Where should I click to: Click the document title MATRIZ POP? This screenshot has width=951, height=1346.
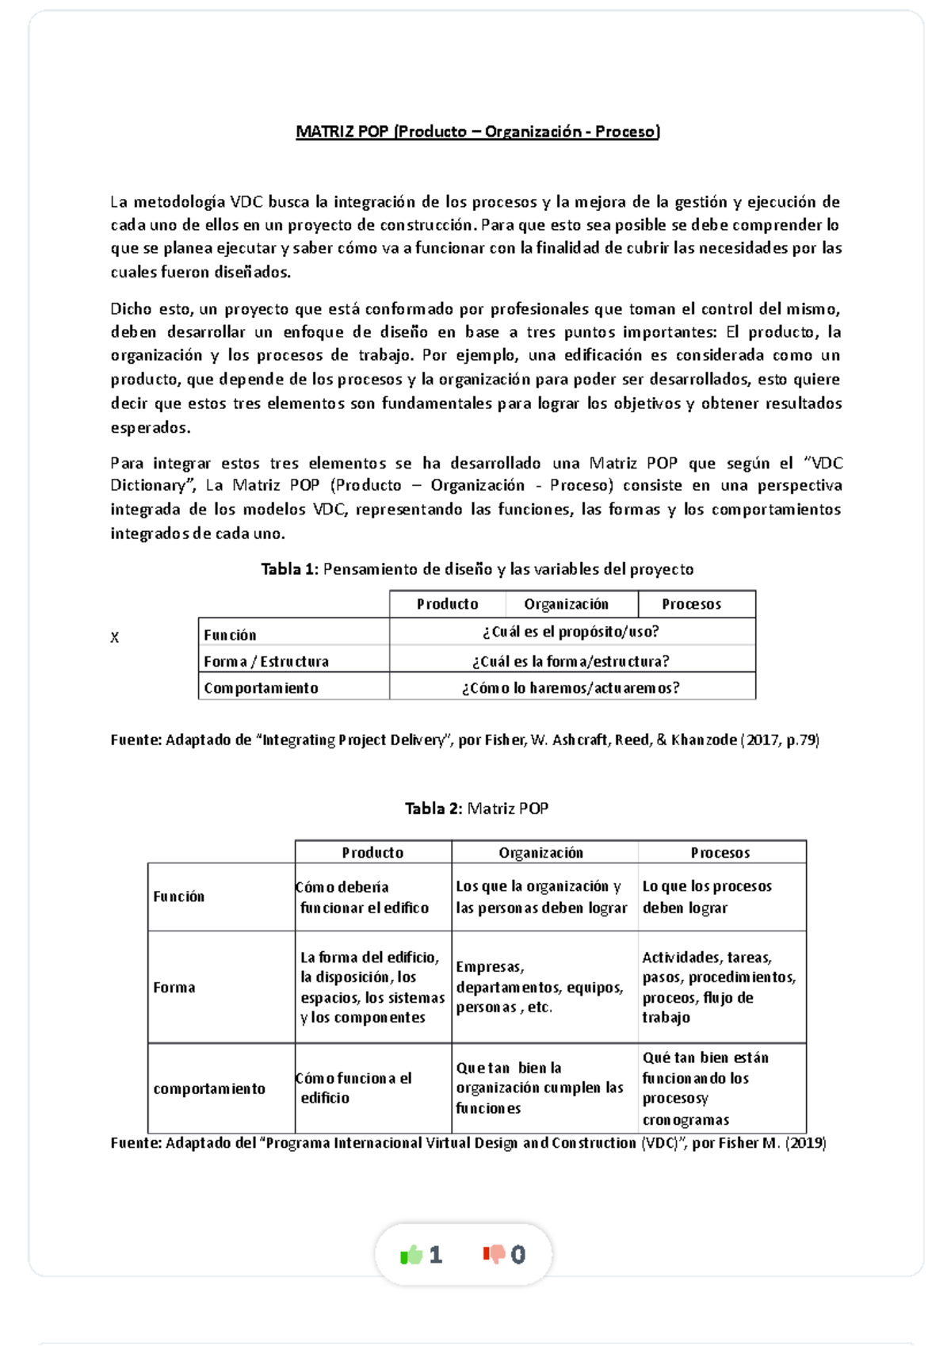477,132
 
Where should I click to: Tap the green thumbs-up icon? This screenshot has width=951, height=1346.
411,1255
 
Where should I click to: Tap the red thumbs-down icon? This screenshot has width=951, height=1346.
494,1254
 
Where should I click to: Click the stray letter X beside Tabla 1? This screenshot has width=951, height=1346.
115,637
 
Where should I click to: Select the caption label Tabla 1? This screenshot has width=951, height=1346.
289,569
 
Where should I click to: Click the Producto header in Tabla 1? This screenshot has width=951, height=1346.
447,604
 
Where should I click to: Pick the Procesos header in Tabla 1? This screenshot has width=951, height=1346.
691,604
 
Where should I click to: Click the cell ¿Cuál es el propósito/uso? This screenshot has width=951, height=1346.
571,632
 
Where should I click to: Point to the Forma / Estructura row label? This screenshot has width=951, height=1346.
266,661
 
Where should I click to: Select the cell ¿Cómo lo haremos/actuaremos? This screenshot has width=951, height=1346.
571,688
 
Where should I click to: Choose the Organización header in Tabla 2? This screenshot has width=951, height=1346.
540,853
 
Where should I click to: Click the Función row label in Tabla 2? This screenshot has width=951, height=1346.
179,897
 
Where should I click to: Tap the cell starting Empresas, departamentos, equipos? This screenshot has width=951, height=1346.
539,987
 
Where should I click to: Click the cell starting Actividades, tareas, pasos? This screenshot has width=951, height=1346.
718,987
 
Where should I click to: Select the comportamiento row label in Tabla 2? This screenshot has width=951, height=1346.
209,1088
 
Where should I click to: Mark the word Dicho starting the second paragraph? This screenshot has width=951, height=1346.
129,309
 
